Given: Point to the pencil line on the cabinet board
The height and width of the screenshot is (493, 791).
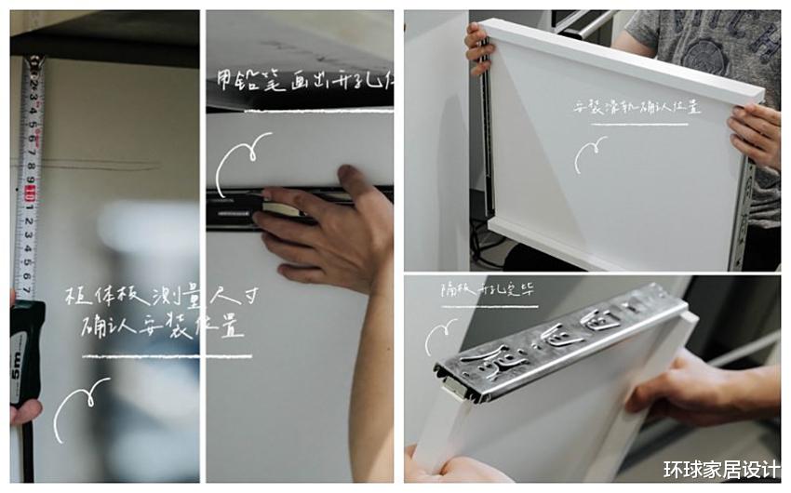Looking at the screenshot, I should tap(102, 166).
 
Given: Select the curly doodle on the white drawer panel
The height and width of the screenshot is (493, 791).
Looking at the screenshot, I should tap(589, 153).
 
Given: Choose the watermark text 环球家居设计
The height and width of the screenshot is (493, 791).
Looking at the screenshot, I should tap(721, 470).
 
